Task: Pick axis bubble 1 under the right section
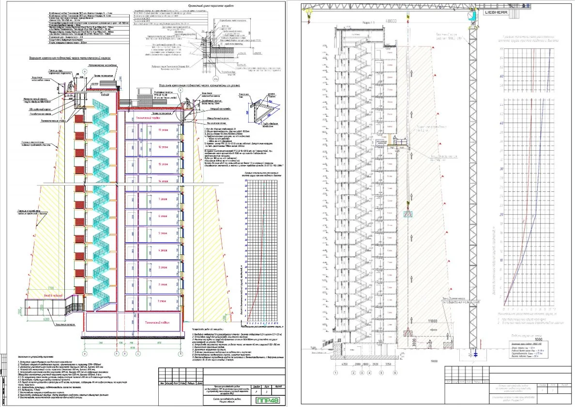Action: click(x=334, y=373)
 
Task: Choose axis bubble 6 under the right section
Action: click(x=395, y=373)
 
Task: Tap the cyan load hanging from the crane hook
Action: click(x=409, y=214)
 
